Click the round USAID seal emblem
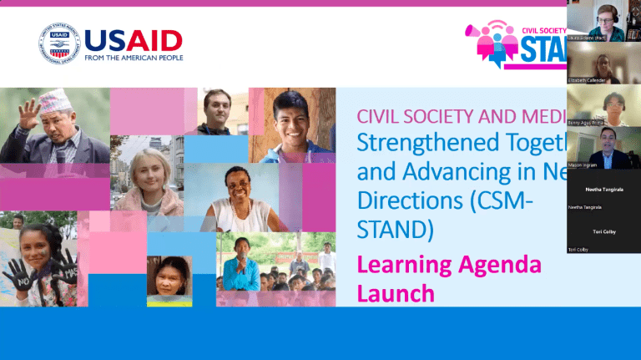(58, 43)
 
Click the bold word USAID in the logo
(133, 39)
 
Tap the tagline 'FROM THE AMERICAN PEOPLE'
(133, 58)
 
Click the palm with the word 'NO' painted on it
(18, 275)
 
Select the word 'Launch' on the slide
(396, 292)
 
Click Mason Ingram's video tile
(603, 147)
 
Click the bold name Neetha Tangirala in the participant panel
(603, 190)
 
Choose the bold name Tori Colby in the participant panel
(603, 231)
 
